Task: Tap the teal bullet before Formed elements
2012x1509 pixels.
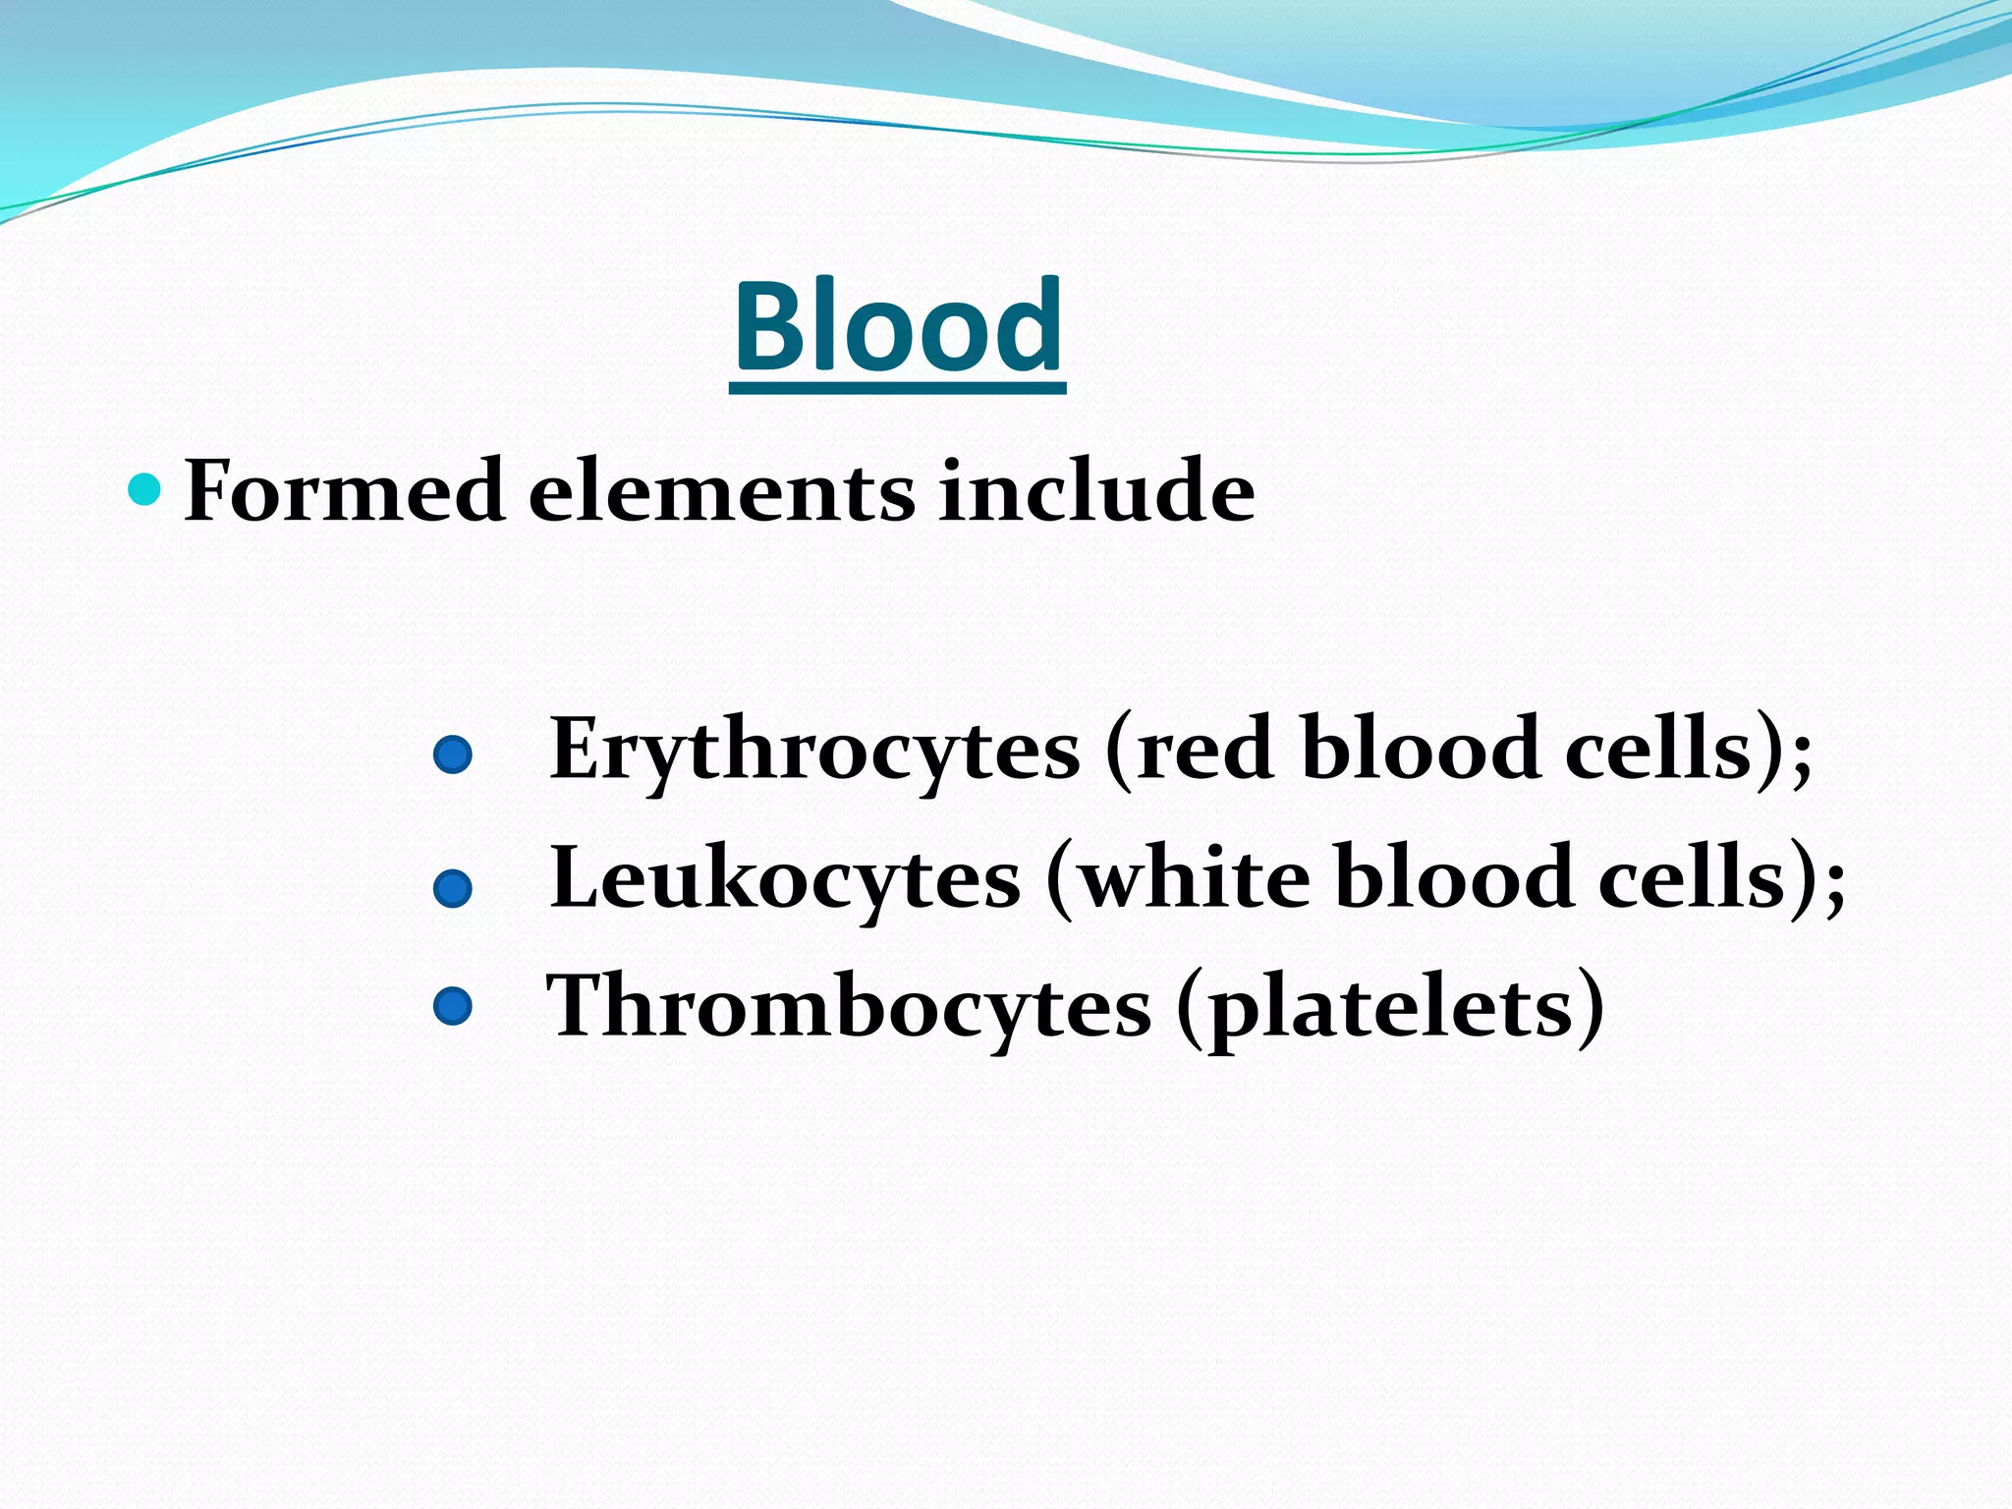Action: (x=144, y=488)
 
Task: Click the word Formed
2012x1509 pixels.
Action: (x=344, y=490)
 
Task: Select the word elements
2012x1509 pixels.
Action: (x=722, y=492)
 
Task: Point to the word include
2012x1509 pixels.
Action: (x=1095, y=490)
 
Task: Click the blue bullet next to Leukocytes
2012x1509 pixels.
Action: (x=453, y=888)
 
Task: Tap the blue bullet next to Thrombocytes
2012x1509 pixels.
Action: (x=453, y=1007)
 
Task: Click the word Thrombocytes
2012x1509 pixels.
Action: (x=848, y=1007)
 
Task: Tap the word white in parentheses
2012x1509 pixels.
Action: (x=1194, y=878)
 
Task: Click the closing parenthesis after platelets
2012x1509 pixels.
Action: (x=1589, y=1007)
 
